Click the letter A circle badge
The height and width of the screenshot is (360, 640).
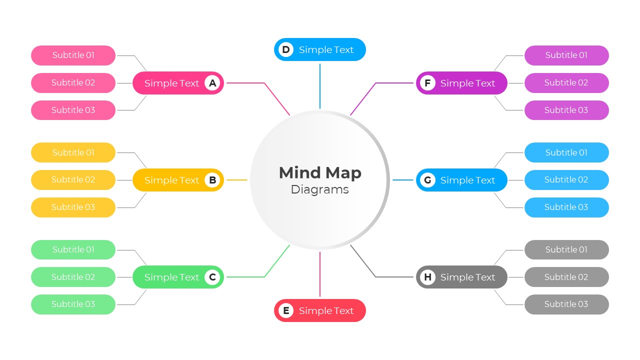[x=212, y=83]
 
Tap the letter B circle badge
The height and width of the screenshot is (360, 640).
[x=212, y=180]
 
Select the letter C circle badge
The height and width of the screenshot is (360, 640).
[x=212, y=277]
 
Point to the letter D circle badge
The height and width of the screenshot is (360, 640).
[x=285, y=49]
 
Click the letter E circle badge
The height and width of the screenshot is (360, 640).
[x=285, y=310]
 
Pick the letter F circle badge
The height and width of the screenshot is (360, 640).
[x=427, y=83]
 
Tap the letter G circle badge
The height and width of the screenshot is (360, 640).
[x=427, y=180]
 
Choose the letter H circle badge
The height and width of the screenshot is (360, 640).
[x=427, y=277]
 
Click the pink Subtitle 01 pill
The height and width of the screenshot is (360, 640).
[x=73, y=55]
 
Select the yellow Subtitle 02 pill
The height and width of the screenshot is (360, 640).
[x=73, y=179]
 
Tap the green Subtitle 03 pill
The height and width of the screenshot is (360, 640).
[x=73, y=304]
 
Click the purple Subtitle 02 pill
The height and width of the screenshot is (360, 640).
[x=566, y=82]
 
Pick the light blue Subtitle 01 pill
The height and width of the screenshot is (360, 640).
[x=566, y=152]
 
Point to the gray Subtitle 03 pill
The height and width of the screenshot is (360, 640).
[x=566, y=304]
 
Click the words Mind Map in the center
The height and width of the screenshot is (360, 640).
[x=320, y=172]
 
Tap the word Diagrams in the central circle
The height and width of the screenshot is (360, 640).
[x=320, y=189]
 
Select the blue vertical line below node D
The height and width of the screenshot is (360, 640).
[x=320, y=85]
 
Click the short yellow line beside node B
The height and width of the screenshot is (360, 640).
[x=237, y=180]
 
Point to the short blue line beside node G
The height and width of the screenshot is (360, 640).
[x=402, y=180]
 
